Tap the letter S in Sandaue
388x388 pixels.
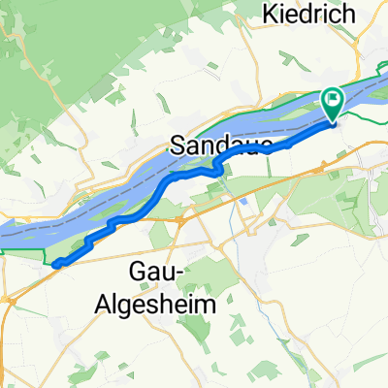point(178,146)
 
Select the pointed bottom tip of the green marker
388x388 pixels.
point(332,120)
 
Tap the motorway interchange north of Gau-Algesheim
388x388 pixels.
point(180,221)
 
